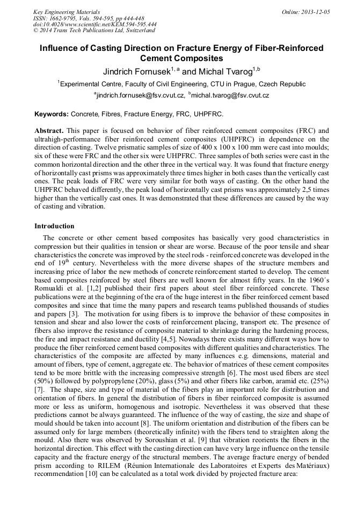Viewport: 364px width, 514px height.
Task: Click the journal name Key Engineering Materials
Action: pos(67,11)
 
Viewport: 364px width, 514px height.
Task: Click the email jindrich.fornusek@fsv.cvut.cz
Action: pos(141,95)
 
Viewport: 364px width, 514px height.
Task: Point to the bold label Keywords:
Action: pos(52,114)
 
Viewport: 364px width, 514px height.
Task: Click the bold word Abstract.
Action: pos(49,130)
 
